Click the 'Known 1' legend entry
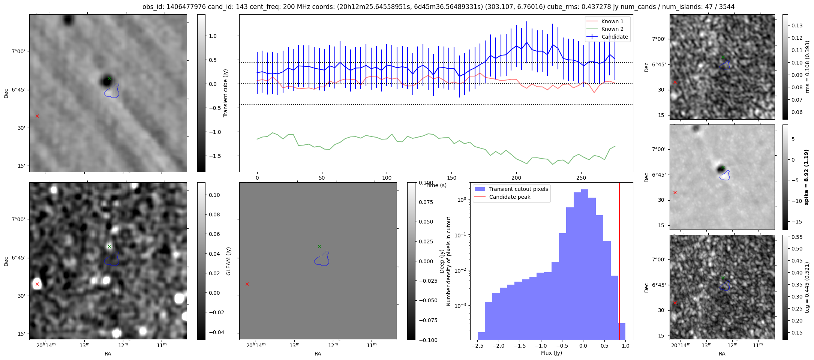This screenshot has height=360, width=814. click(612, 21)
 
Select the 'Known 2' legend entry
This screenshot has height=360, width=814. click(612, 29)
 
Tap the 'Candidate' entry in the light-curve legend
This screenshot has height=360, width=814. click(615, 37)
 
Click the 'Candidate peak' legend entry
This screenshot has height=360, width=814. click(510, 197)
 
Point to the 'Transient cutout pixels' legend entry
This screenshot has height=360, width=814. click(518, 189)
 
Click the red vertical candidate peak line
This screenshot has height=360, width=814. click(619, 262)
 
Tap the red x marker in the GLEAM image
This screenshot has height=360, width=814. click(37, 284)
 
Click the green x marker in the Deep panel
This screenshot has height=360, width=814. click(319, 246)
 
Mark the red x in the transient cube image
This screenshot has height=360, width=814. click(37, 116)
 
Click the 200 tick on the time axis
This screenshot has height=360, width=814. click(516, 178)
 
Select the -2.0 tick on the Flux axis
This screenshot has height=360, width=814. click(498, 346)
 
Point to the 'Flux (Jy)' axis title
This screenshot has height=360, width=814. click(552, 353)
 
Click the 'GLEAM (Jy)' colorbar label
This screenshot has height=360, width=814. click(228, 261)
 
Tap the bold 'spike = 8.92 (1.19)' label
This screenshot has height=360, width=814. click(807, 177)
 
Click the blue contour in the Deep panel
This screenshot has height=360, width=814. click(322, 259)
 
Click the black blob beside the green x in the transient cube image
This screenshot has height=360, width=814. click(104, 81)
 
